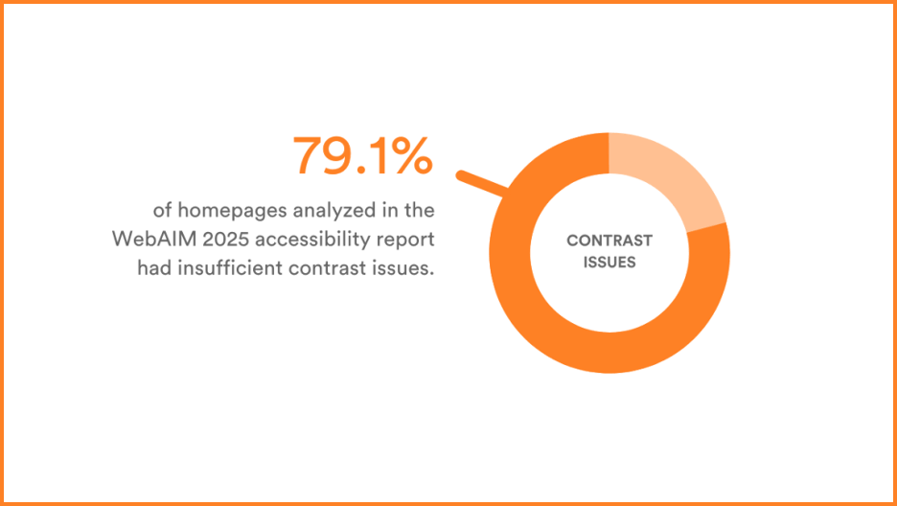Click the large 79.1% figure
[x=361, y=155]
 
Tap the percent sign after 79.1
[x=413, y=155]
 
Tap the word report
[x=405, y=239]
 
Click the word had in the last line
[x=154, y=268]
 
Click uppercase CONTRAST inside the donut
[x=609, y=241]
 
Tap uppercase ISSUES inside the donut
[x=609, y=262]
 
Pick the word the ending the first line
[x=418, y=209]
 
